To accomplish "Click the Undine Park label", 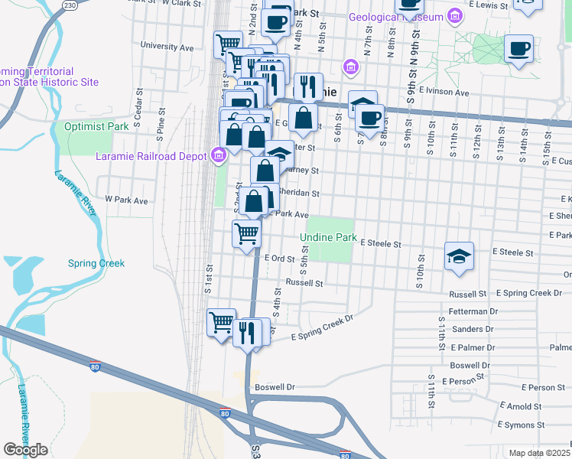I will [x=328, y=238].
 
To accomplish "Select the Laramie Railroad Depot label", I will [x=151, y=156].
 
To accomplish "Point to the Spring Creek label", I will [x=96, y=263].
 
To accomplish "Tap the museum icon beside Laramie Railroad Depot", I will [x=219, y=156].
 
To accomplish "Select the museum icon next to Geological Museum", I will [x=455, y=16].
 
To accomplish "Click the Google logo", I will [x=25, y=450].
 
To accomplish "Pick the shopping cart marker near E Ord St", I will [x=246, y=233].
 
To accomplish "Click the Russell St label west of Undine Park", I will [x=304, y=282].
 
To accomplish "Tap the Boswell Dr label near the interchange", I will [x=275, y=387].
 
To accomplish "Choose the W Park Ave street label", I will [x=126, y=199].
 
